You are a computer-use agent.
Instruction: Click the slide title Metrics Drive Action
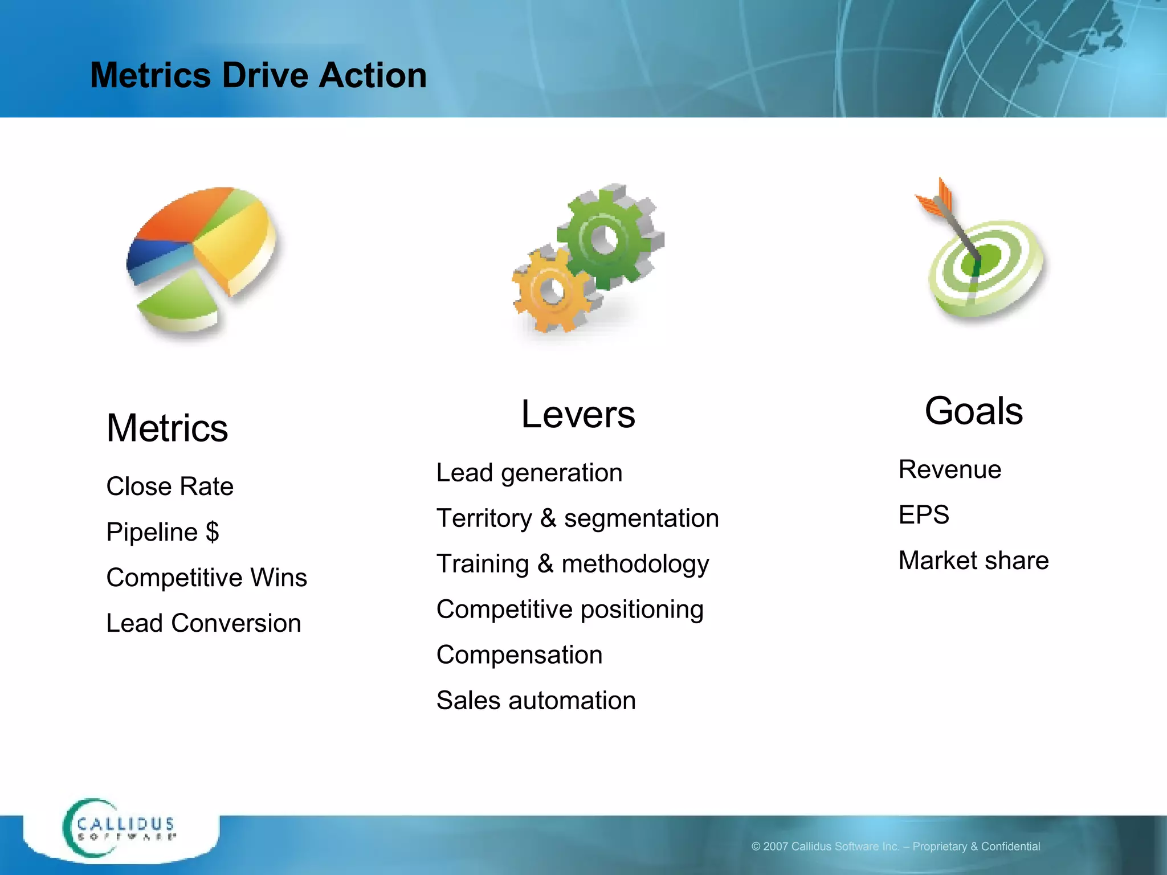tap(258, 75)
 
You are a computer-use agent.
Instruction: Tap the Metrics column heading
tap(167, 428)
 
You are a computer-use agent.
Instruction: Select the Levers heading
tap(578, 414)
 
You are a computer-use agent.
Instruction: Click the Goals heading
tap(973, 411)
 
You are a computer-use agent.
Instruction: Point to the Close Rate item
tap(170, 486)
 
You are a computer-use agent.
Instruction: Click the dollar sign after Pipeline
tap(213, 532)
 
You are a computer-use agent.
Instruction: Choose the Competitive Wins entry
tap(206, 578)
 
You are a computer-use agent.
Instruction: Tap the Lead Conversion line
tap(203, 623)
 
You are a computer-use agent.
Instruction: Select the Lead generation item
tap(529, 473)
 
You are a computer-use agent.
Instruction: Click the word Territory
tap(484, 518)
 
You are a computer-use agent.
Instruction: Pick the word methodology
tap(635, 564)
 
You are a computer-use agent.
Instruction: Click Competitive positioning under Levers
tap(570, 610)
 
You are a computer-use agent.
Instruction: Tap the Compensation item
tap(519, 655)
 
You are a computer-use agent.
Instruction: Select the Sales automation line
tap(536, 701)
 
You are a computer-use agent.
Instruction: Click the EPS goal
tap(924, 515)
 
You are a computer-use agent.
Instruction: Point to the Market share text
tap(973, 561)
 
